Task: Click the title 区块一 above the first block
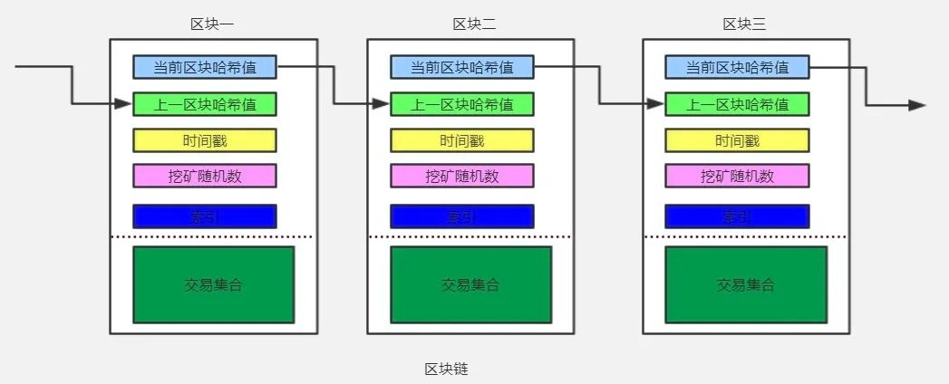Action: pyautogui.click(x=212, y=24)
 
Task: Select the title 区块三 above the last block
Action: pyautogui.click(x=744, y=24)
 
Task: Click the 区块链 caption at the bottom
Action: pyautogui.click(x=446, y=369)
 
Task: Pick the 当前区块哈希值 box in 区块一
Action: pyautogui.click(x=205, y=67)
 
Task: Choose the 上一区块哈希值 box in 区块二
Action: pyautogui.click(x=462, y=104)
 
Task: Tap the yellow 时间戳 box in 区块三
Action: pyautogui.click(x=737, y=140)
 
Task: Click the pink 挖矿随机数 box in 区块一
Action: pyautogui.click(x=205, y=176)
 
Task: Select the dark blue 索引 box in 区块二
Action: pyautogui.click(x=462, y=216)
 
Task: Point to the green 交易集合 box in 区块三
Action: pyautogui.click(x=746, y=284)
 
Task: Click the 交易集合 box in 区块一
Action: pyautogui.click(x=214, y=284)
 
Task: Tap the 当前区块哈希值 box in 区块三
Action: pyautogui.click(x=737, y=67)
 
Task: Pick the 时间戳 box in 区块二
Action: pyautogui.click(x=462, y=140)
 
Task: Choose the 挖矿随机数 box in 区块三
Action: pyautogui.click(x=737, y=176)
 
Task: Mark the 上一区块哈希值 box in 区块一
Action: pyautogui.click(x=205, y=104)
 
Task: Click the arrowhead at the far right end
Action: pyautogui.click(x=917, y=105)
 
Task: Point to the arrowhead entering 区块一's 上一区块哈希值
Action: pyautogui.click(x=126, y=104)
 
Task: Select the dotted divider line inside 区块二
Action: pyautogui.click(x=470, y=237)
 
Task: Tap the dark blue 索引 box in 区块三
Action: pyautogui.click(x=737, y=216)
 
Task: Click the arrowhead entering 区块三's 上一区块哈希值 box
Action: pyautogui.click(x=658, y=104)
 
